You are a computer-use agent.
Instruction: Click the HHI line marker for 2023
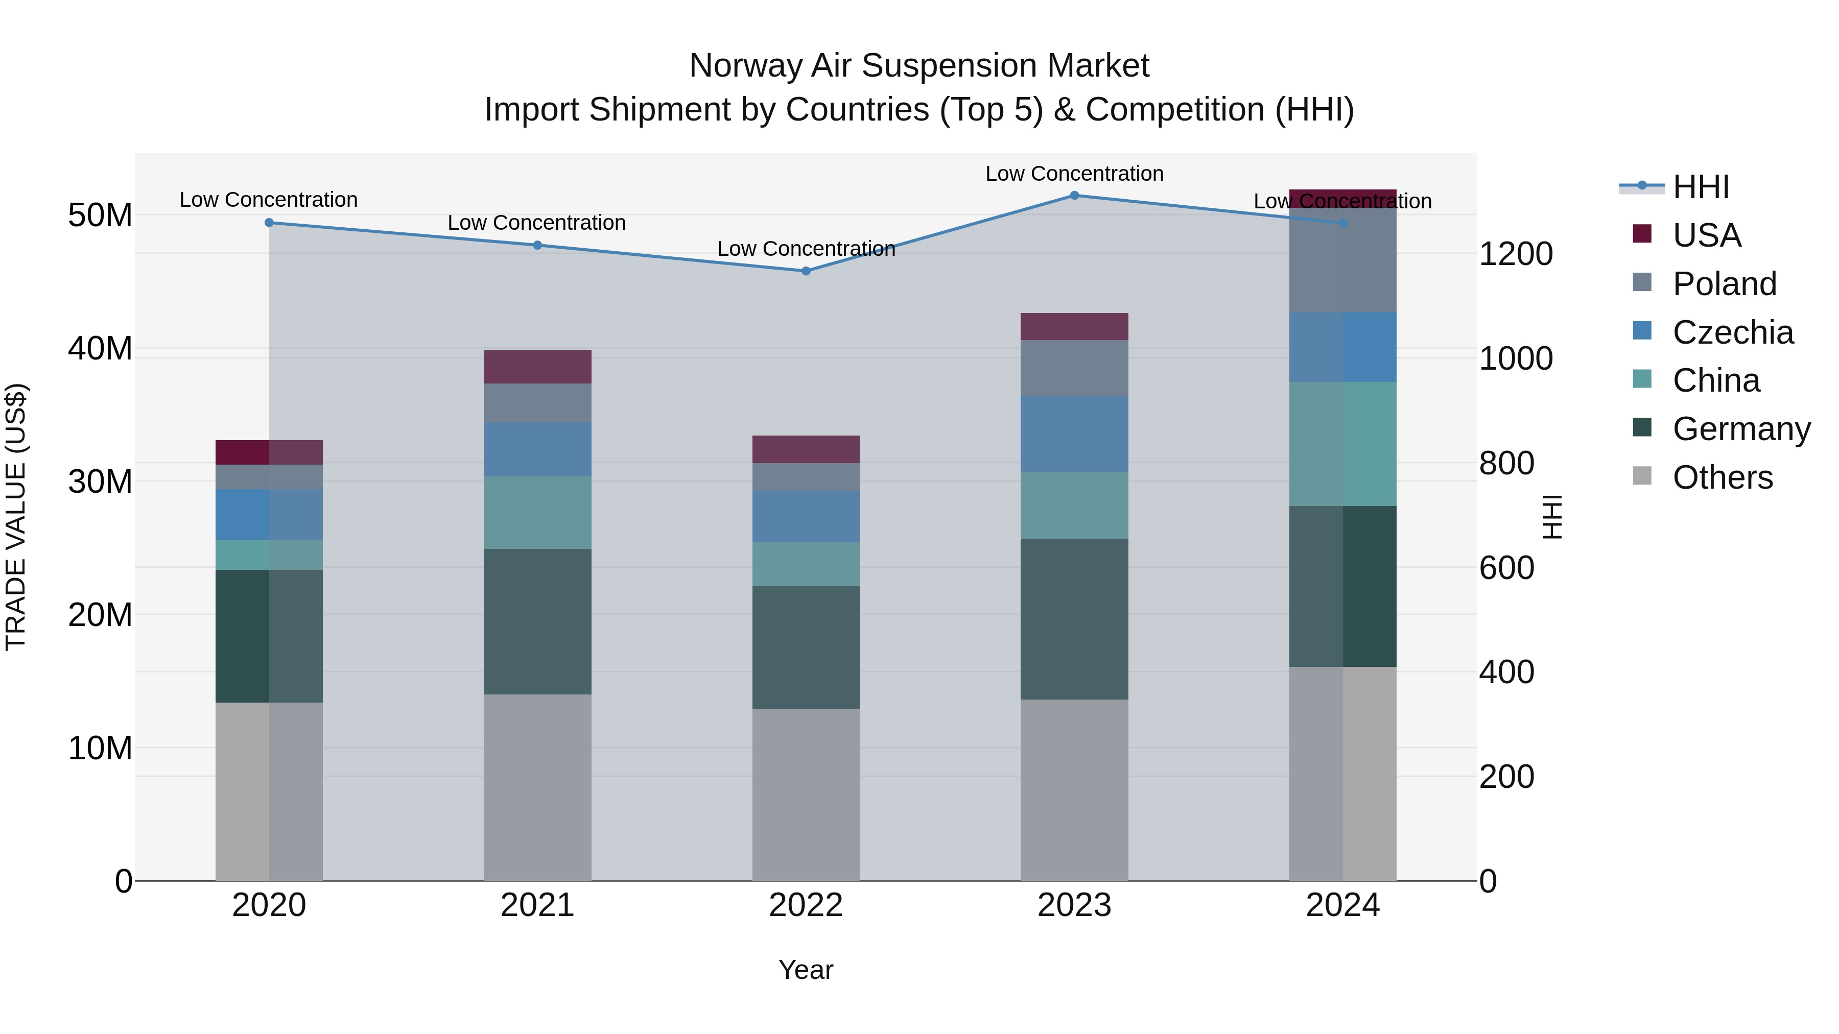click(1074, 196)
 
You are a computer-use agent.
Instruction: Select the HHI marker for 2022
click(806, 271)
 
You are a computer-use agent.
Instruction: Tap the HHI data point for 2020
click(269, 223)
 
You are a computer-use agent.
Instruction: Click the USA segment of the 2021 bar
click(537, 367)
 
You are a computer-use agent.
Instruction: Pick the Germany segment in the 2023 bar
click(1074, 619)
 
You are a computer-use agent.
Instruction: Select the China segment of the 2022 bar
click(806, 564)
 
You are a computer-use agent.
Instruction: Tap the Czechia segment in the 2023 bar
click(1074, 434)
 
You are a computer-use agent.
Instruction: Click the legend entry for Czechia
click(1733, 332)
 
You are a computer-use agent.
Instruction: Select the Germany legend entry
click(1741, 429)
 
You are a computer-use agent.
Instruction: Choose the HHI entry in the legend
click(1701, 187)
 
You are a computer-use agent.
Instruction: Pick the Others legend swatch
click(1642, 476)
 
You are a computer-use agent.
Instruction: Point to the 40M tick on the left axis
click(100, 348)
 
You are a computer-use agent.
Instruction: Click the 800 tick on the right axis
click(1506, 463)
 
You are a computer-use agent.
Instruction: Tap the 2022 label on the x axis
click(806, 905)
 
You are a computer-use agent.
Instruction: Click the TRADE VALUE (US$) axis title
click(16, 517)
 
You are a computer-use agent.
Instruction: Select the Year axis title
click(806, 970)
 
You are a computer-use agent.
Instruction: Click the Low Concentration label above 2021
click(537, 223)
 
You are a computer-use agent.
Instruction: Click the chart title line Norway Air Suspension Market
click(919, 66)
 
